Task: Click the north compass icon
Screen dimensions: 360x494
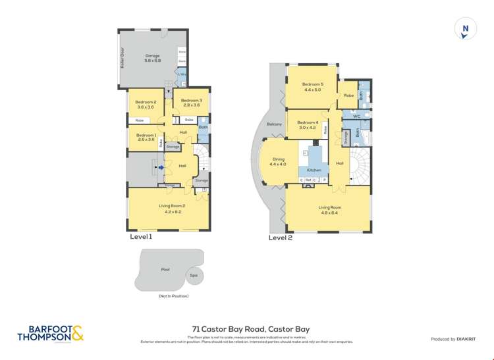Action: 466,29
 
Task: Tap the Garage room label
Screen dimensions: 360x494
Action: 153,58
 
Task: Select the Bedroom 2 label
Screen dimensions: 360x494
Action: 146,104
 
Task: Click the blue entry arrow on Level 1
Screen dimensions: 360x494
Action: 160,168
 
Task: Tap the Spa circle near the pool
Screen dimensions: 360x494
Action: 194,276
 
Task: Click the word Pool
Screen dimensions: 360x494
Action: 165,269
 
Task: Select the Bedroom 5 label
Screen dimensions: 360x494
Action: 313,86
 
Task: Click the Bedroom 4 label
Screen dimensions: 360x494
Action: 308,125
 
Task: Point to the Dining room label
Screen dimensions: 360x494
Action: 279,161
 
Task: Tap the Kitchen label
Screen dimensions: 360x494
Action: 314,170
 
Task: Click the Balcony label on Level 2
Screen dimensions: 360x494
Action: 274,124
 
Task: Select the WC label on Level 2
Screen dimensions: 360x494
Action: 356,116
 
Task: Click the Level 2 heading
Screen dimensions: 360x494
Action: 280,238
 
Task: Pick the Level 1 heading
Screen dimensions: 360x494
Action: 141,236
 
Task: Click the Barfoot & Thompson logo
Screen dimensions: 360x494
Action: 51,334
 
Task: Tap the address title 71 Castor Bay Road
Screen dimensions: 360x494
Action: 250,329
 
